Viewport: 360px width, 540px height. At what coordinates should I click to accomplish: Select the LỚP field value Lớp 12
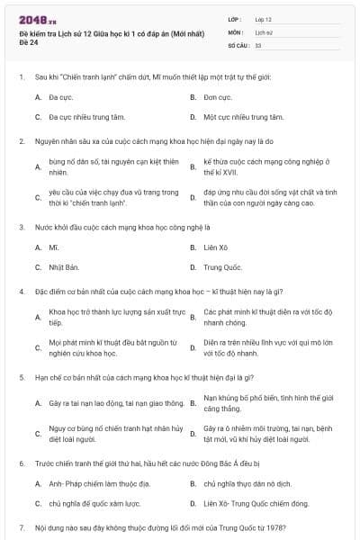tap(264, 18)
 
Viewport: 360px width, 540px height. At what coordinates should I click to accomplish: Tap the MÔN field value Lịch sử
tap(264, 31)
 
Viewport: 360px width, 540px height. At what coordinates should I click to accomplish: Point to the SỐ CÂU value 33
tap(258, 44)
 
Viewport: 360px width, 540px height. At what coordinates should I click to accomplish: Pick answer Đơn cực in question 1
tap(217, 96)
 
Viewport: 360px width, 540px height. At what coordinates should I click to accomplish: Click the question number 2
tap(21, 141)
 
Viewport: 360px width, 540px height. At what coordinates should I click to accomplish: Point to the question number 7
tap(21, 528)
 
